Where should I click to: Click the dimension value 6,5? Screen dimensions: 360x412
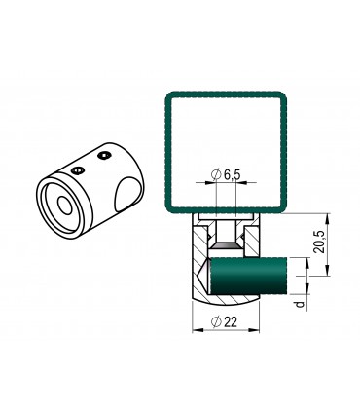(x=232, y=175)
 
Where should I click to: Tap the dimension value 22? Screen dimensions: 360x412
(x=231, y=322)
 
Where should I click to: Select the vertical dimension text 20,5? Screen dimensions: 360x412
(x=319, y=242)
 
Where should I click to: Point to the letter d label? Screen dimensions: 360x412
(x=301, y=304)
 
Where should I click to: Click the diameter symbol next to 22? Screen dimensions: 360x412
(x=216, y=322)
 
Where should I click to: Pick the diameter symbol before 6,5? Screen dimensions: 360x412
(x=216, y=175)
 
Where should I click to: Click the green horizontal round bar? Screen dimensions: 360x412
(x=249, y=276)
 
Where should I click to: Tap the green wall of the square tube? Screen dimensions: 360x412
(x=168, y=153)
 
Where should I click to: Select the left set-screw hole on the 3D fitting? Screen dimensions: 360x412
(x=78, y=170)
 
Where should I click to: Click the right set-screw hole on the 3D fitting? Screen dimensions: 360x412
(x=104, y=156)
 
